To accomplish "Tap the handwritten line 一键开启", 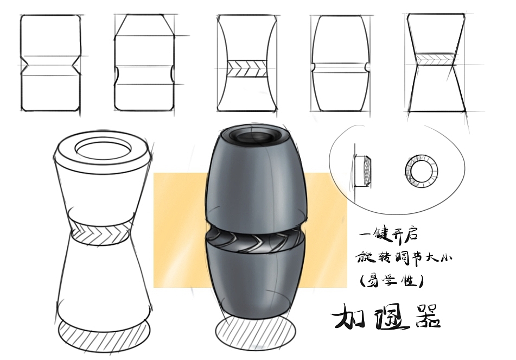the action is [x=388, y=235].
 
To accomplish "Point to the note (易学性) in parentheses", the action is [x=390, y=281].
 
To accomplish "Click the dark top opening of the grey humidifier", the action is [x=254, y=136].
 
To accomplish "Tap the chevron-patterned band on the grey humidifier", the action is [x=256, y=242].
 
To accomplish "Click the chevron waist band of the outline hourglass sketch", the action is [x=100, y=233].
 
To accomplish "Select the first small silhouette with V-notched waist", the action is [x=50, y=63].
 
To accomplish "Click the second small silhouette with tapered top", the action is [x=144, y=62].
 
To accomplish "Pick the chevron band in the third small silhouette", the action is [x=247, y=69].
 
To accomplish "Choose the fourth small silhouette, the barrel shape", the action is [x=340, y=63].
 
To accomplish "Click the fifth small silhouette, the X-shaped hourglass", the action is [x=436, y=62].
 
